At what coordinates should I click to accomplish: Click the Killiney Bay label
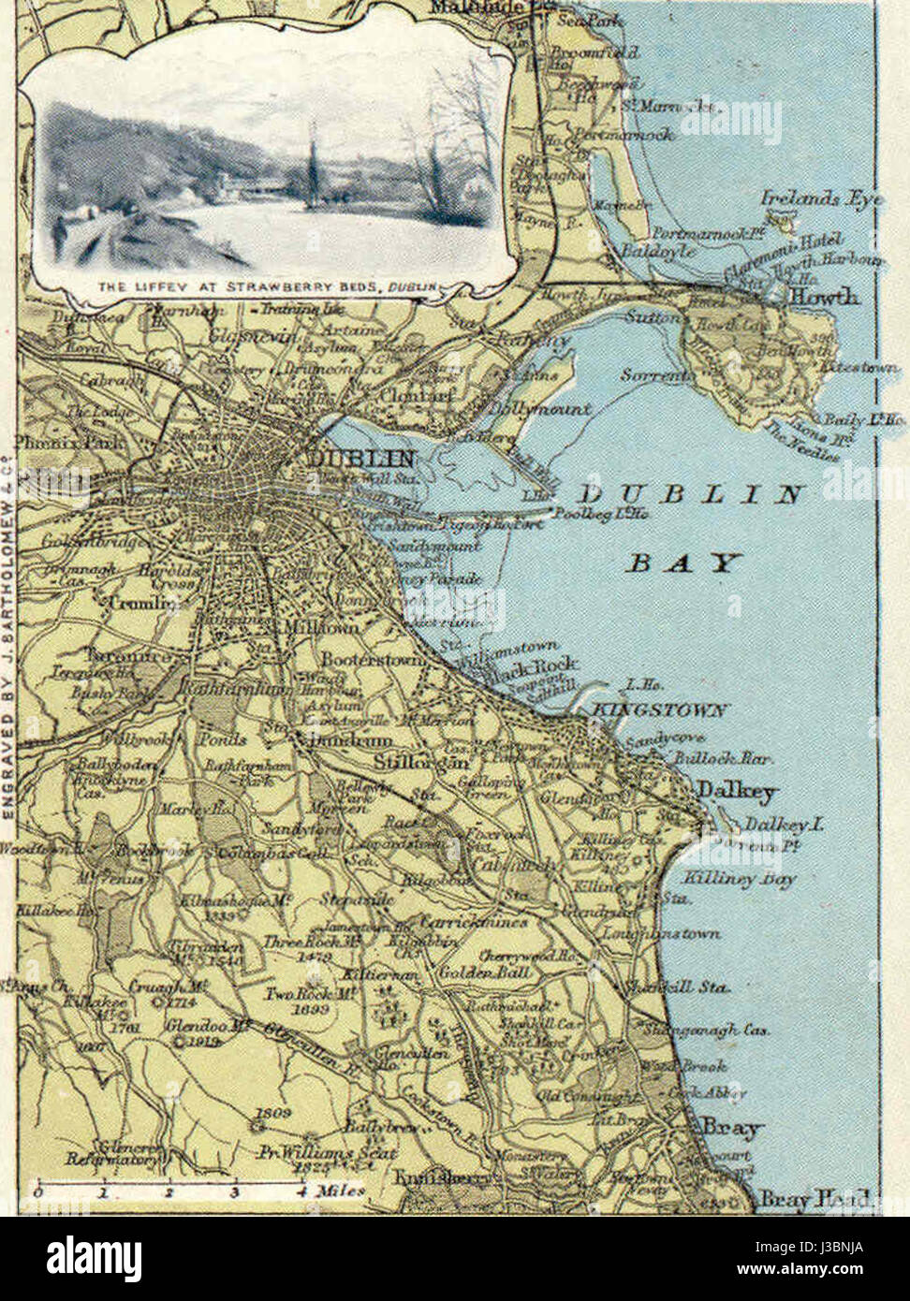(x=726, y=878)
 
